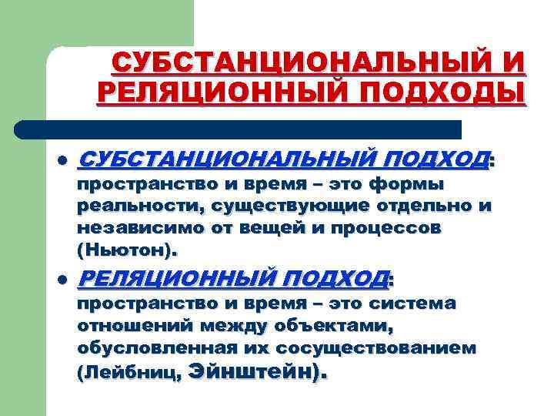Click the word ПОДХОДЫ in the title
point(440,92)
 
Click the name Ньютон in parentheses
point(126,250)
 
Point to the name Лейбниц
point(130,373)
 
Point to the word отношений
point(139,326)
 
